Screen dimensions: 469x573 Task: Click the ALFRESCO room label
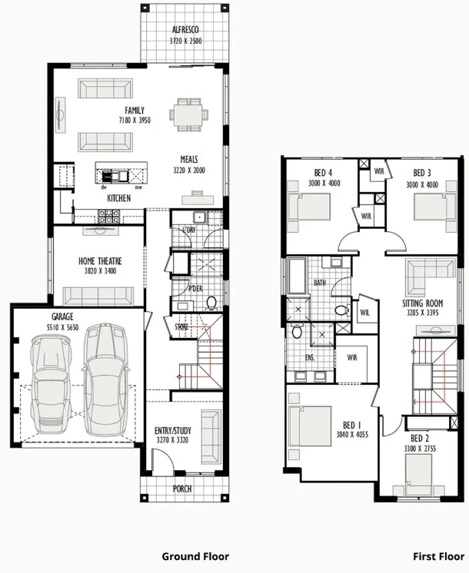point(185,30)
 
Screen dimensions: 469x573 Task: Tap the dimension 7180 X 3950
point(135,121)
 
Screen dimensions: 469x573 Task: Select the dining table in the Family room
point(188,114)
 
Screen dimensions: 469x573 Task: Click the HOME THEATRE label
point(100,261)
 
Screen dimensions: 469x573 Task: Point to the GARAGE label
point(62,316)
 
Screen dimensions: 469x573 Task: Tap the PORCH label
point(182,489)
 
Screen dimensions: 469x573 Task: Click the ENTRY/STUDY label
point(173,430)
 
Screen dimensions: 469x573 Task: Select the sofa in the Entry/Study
point(211,437)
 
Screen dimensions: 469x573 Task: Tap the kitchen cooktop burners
point(108,217)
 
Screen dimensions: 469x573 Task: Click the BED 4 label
point(324,173)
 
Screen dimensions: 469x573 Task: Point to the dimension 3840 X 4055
point(352,435)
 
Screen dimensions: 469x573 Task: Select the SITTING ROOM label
point(423,303)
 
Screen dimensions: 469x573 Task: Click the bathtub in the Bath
point(297,276)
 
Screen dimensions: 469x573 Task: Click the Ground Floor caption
point(195,556)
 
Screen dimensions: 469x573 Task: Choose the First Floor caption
point(439,556)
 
